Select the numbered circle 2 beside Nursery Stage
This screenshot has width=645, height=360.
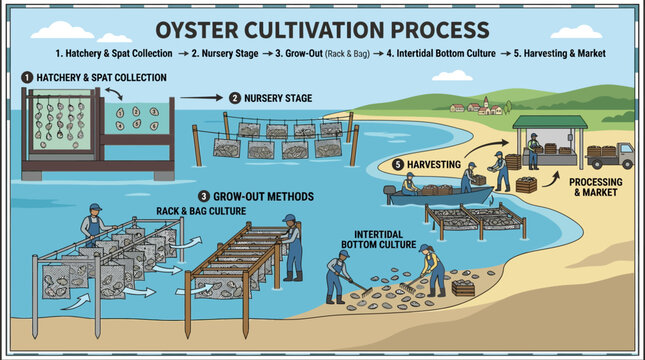coord(235,98)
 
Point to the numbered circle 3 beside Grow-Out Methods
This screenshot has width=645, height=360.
coord(204,196)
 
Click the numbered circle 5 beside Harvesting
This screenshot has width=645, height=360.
coord(398,163)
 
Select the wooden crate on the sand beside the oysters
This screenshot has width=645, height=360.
coord(463,288)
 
